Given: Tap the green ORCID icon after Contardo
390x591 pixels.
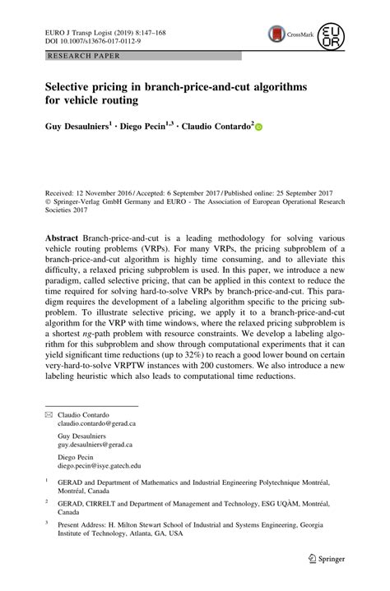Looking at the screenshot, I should [x=260, y=128].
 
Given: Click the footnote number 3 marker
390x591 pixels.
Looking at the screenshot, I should [x=47, y=522].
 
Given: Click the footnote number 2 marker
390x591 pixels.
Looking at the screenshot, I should [x=47, y=499].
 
